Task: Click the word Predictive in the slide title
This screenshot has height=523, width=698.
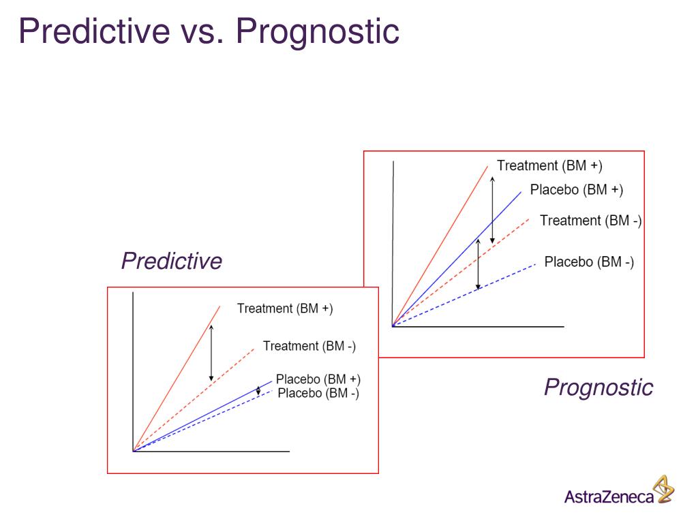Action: (x=94, y=31)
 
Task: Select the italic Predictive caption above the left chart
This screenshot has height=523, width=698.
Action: (x=171, y=261)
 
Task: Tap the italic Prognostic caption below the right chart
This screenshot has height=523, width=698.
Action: (x=598, y=387)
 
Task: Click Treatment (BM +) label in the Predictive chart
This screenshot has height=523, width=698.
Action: (x=285, y=308)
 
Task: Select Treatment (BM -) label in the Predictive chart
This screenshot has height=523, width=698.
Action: (x=309, y=346)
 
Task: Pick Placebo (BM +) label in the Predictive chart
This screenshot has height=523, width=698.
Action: (x=318, y=379)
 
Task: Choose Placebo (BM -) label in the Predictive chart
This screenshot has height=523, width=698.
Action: (x=318, y=393)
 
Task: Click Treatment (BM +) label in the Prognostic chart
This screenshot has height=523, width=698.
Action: (x=549, y=165)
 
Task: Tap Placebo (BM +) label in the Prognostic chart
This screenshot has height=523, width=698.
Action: (x=576, y=190)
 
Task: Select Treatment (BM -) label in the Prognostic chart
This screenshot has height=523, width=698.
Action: (x=590, y=221)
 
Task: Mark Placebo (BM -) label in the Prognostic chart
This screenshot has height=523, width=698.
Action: (x=589, y=262)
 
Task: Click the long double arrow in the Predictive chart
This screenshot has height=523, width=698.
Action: (x=211, y=353)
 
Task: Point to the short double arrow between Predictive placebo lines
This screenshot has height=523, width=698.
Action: (x=258, y=391)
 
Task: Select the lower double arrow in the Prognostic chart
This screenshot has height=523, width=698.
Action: (x=478, y=264)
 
